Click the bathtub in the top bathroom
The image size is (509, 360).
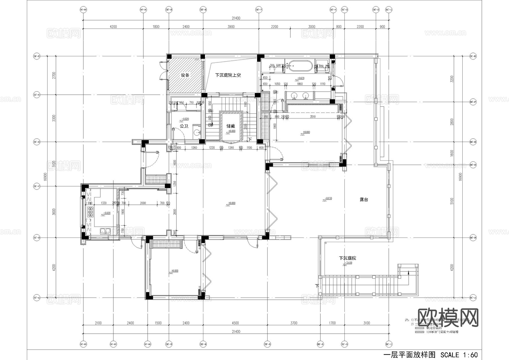300,66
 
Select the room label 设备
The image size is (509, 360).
185,75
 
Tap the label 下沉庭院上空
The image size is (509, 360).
228,75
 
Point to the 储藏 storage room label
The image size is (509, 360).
230,126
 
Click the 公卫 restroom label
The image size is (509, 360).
184,126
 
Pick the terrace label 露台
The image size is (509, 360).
364,200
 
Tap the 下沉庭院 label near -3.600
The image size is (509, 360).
348,258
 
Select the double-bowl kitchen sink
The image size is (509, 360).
105,231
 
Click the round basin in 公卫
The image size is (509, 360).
197,132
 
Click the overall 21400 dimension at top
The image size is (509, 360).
236,18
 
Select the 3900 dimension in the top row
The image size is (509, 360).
231,27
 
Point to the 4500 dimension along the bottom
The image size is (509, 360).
235,323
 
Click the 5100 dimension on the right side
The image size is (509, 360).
452,201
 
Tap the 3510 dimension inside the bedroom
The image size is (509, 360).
312,117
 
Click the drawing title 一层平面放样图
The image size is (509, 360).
409,355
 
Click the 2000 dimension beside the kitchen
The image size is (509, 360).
143,203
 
